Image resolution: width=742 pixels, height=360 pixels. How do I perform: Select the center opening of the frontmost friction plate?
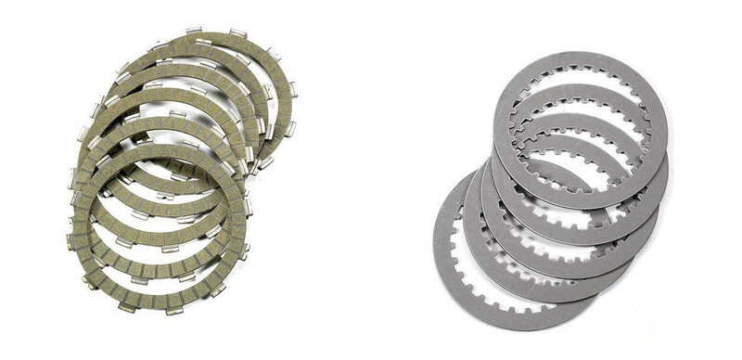(158, 223)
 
